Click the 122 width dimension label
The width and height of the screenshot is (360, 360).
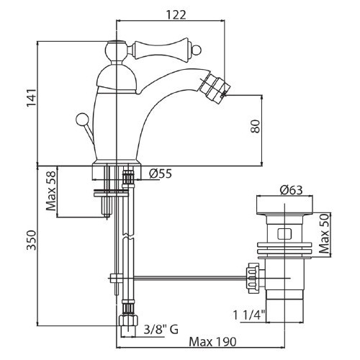coord(176,15)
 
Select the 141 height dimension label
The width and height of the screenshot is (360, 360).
coord(32,98)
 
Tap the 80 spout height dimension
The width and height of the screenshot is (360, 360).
coord(255,126)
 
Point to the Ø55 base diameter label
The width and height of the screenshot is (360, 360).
coord(161,174)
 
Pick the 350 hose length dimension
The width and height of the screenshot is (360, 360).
coord(31,240)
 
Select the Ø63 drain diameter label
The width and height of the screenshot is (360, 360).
coord(291,190)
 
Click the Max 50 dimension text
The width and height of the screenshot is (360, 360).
coord(325,234)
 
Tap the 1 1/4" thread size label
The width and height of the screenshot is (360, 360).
coord(249,315)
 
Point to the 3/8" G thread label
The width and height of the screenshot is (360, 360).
coord(161,330)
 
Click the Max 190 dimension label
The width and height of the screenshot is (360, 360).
coord(212,342)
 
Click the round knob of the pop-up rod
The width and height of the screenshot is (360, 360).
coord(81,119)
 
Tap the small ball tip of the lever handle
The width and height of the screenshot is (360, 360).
coord(198,50)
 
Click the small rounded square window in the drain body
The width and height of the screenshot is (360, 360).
coord(284,234)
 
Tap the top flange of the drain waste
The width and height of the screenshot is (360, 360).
coord(284,206)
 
